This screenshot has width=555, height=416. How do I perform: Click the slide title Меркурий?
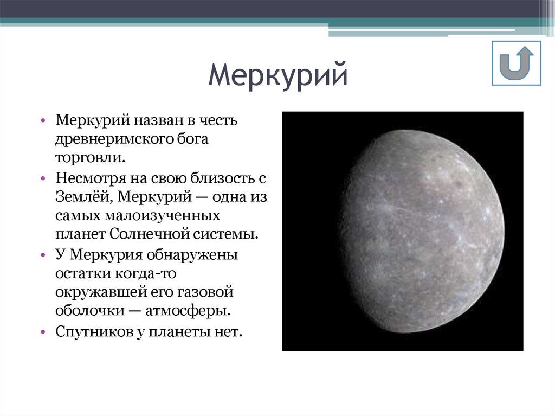click(277, 76)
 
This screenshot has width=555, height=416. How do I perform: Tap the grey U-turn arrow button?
click(517, 63)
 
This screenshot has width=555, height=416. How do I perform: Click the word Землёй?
click(82, 196)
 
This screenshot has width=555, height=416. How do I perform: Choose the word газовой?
click(205, 292)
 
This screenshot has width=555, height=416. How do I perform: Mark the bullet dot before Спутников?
click(43, 331)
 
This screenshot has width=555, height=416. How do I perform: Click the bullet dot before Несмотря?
click(43, 177)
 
